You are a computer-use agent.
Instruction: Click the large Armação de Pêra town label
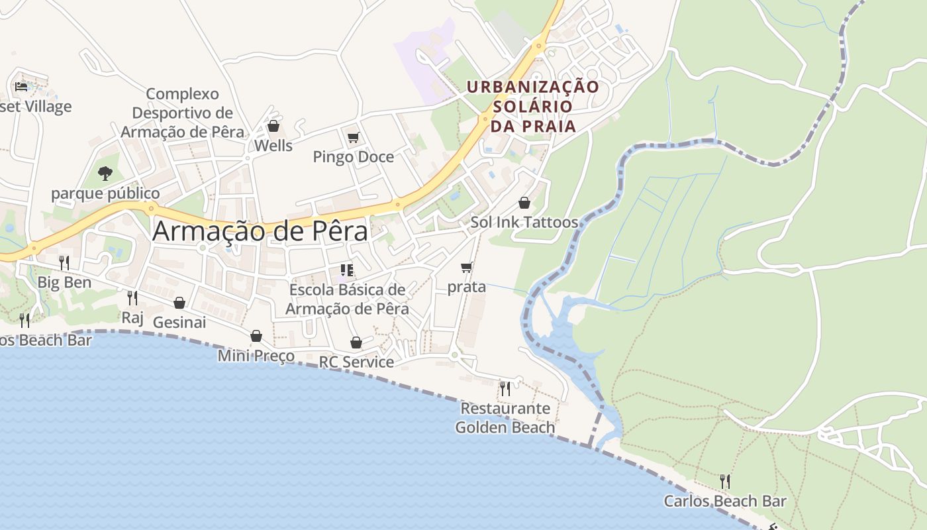(x=260, y=231)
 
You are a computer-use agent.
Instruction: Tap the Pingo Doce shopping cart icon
(x=353, y=137)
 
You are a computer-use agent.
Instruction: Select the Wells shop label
(x=273, y=145)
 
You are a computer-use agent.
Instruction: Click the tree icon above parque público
(x=105, y=174)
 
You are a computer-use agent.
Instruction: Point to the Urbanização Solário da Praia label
(x=532, y=106)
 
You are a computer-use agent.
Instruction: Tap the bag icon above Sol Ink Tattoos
(x=524, y=202)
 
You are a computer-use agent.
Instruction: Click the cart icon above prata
(x=466, y=268)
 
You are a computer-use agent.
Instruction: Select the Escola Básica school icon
(x=347, y=270)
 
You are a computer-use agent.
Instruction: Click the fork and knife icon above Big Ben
(x=64, y=262)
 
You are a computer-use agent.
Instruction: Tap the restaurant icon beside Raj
(x=132, y=297)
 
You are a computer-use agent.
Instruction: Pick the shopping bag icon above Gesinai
(x=179, y=303)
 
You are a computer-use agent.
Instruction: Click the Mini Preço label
(x=256, y=356)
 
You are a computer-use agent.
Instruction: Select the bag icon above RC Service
(x=356, y=343)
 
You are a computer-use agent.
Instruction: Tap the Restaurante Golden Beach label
(x=505, y=417)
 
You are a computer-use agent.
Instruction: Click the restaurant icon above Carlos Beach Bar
(x=725, y=481)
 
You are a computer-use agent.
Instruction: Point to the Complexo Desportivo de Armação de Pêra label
(x=182, y=113)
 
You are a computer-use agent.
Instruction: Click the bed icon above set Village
(x=21, y=86)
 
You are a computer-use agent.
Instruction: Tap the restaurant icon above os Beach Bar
(x=24, y=321)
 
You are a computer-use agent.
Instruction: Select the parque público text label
(x=105, y=193)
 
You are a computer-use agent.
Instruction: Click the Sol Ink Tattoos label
(x=524, y=222)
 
